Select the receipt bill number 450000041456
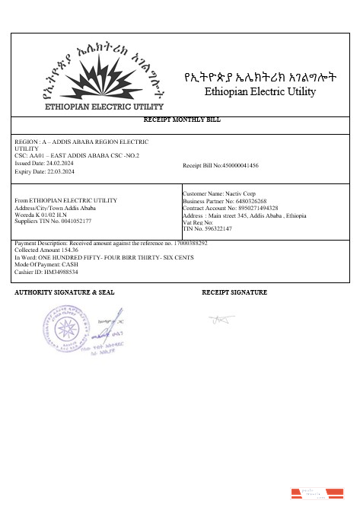pos(239,165)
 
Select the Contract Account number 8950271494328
pos(253,208)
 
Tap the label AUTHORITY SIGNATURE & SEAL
pos(64,292)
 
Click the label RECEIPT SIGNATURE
pos(234,292)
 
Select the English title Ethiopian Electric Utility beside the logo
pos(260,92)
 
